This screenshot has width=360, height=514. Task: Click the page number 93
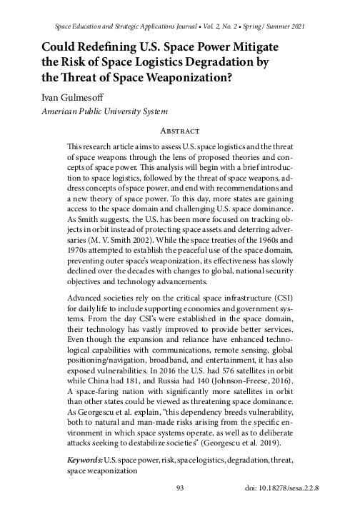(180, 488)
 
